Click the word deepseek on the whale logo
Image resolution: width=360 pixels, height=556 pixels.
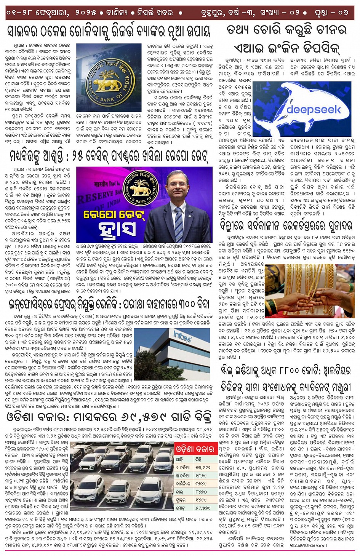[313, 110]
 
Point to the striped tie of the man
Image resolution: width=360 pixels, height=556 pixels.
[179, 224]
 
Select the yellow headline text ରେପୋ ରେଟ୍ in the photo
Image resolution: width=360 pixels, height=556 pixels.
[109, 215]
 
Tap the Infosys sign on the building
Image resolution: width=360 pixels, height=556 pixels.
[182, 336]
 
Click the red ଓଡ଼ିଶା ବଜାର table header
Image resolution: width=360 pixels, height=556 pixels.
[195, 449]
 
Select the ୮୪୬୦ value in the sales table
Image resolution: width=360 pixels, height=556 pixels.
[201, 492]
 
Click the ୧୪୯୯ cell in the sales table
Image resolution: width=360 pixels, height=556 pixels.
[201, 500]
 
